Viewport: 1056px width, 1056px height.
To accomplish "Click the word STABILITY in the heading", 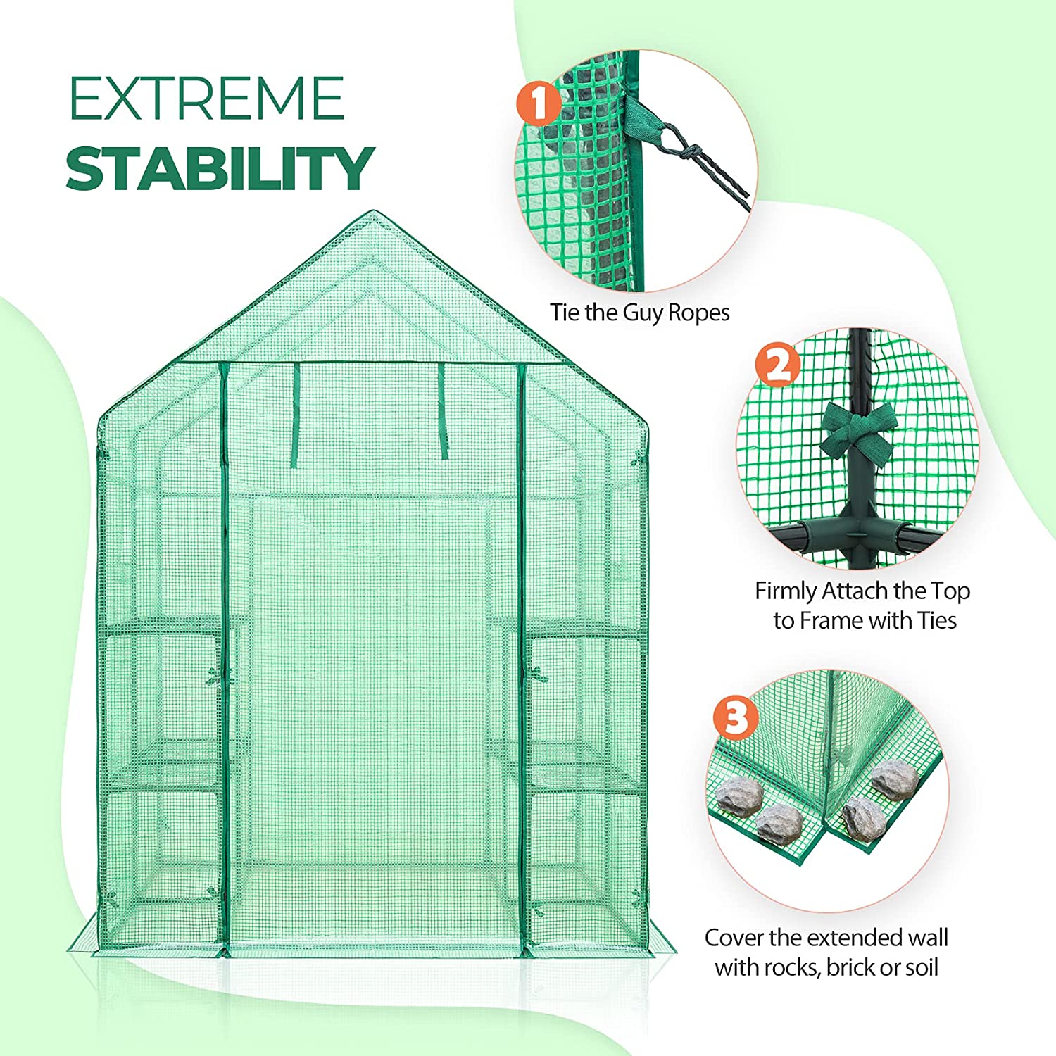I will [219, 168].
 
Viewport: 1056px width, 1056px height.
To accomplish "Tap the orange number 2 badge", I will [778, 366].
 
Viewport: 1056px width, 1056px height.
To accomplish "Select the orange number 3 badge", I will [736, 719].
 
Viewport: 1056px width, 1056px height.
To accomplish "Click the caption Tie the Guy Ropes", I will [639, 313].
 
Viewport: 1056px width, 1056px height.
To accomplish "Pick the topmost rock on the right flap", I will [893, 779].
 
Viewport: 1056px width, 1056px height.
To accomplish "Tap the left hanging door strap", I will [296, 415].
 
